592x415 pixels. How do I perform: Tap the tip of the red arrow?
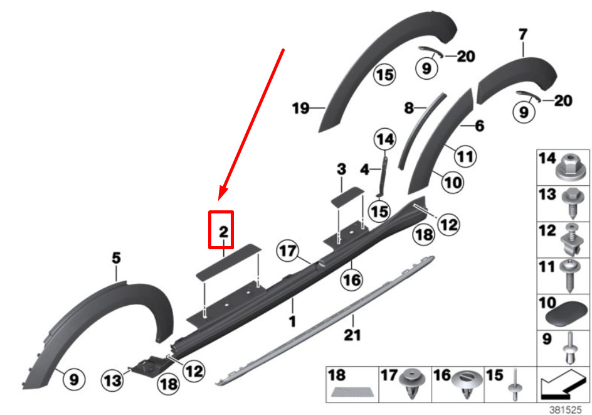click(219, 200)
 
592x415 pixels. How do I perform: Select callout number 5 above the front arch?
click(116, 258)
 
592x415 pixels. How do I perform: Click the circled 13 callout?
click(113, 380)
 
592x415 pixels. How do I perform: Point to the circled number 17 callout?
click(288, 251)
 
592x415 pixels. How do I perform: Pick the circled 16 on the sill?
click(351, 280)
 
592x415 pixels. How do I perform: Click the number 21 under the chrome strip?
click(352, 335)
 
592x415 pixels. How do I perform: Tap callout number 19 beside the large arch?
click(301, 109)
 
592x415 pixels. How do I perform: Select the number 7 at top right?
click(522, 35)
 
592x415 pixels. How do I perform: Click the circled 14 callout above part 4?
click(385, 139)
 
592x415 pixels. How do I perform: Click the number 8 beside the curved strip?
click(409, 108)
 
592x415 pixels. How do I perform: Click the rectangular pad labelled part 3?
click(347, 196)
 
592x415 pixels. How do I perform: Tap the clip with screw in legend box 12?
click(571, 240)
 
